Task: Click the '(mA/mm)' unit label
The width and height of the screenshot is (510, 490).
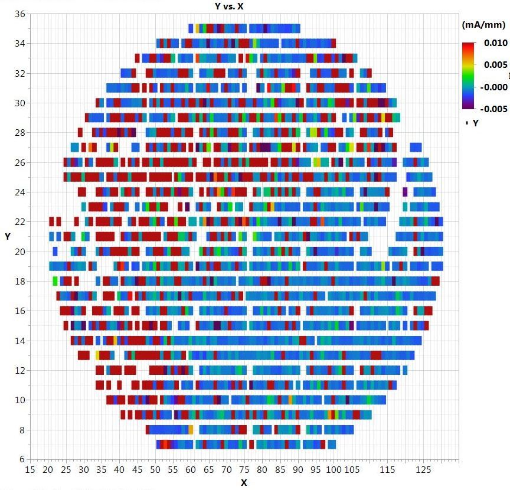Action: pos(483,25)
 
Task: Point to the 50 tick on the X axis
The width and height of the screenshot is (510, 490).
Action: pos(155,470)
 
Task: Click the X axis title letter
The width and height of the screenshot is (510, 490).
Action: pos(243,483)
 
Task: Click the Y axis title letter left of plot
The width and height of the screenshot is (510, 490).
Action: pos(8,236)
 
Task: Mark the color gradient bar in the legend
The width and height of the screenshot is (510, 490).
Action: pos(468,75)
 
